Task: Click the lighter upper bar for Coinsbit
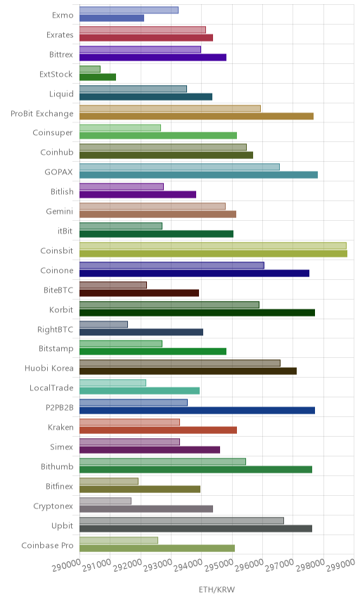pos(213,245)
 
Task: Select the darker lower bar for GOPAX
pos(199,175)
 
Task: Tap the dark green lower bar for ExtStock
pos(98,77)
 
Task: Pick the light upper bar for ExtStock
pos(90,69)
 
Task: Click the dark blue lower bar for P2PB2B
pos(198,411)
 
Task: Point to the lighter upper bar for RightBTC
pos(103,324)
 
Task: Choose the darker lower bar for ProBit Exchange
pos(196,116)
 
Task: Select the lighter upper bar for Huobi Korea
pos(180,363)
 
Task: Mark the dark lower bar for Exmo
pos(112,18)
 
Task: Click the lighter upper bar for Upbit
pos(182,520)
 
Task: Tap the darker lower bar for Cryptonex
pos(146,508)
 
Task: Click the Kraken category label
pos(60,428)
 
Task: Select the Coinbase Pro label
pos(47,545)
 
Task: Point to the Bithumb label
pos(57,466)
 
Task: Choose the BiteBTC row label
pos(58,290)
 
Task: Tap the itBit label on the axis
pos(65,231)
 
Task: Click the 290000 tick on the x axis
pos(66,565)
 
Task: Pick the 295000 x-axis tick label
pos(219,565)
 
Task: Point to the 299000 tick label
pos(340,565)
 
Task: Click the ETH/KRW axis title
pos(217,589)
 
